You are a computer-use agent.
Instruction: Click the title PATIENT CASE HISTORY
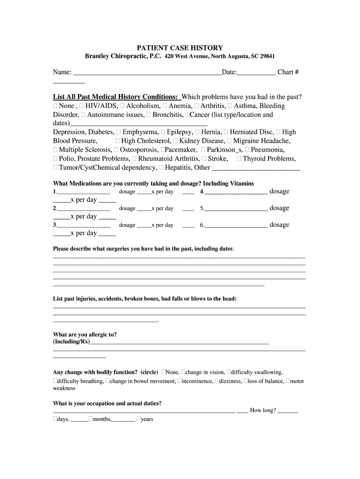coord(180,48)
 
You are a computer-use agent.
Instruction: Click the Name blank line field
coord(147,73)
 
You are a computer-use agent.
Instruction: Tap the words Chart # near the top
coord(288,72)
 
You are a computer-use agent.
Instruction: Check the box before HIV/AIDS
coord(82,106)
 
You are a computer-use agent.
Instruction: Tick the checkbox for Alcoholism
coord(122,106)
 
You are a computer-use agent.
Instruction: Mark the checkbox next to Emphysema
coord(119,132)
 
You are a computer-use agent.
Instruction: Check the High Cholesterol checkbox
coord(118,141)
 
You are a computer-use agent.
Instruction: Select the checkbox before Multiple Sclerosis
coord(56,150)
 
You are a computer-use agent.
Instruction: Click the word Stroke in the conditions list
coord(218,159)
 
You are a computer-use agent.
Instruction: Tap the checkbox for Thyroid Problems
coord(239,159)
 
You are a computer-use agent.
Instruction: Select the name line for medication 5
coord(236,209)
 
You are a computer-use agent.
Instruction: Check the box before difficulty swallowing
coord(229,372)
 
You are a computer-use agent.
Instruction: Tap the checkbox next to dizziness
coord(216,381)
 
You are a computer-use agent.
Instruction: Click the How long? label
coord(263,410)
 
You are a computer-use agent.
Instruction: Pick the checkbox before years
coord(139,419)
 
